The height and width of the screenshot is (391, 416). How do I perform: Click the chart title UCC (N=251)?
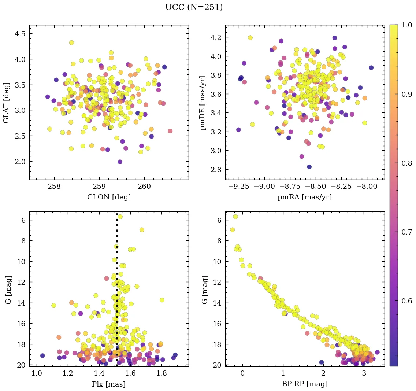pyautogui.click(x=194, y=7)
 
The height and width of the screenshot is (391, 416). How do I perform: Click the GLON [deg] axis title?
pyautogui.click(x=109, y=197)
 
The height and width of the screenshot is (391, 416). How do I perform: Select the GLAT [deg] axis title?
pyautogui.click(x=6, y=103)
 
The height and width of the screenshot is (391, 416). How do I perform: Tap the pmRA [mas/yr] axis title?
pyautogui.click(x=305, y=197)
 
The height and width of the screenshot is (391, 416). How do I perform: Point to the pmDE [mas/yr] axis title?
pyautogui.click(x=203, y=103)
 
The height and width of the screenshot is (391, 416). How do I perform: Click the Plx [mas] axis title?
pyautogui.click(x=109, y=384)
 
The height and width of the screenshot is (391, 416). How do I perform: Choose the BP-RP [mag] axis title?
pyautogui.click(x=305, y=384)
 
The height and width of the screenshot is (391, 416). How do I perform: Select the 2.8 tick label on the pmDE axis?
pyautogui.click(x=216, y=170)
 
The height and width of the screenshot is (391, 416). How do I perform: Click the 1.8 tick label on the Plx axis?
pyautogui.click(x=161, y=373)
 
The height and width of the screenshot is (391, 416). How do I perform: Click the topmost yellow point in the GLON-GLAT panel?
pyautogui.click(x=71, y=43)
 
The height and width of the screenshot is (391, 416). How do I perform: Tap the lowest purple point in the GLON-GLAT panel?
pyautogui.click(x=120, y=162)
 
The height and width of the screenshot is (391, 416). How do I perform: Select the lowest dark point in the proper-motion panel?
pyautogui.click(x=309, y=167)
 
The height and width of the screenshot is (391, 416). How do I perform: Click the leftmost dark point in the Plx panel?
pyautogui.click(x=42, y=355)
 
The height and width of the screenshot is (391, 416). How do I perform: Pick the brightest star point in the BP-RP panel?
pyautogui.click(x=235, y=217)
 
